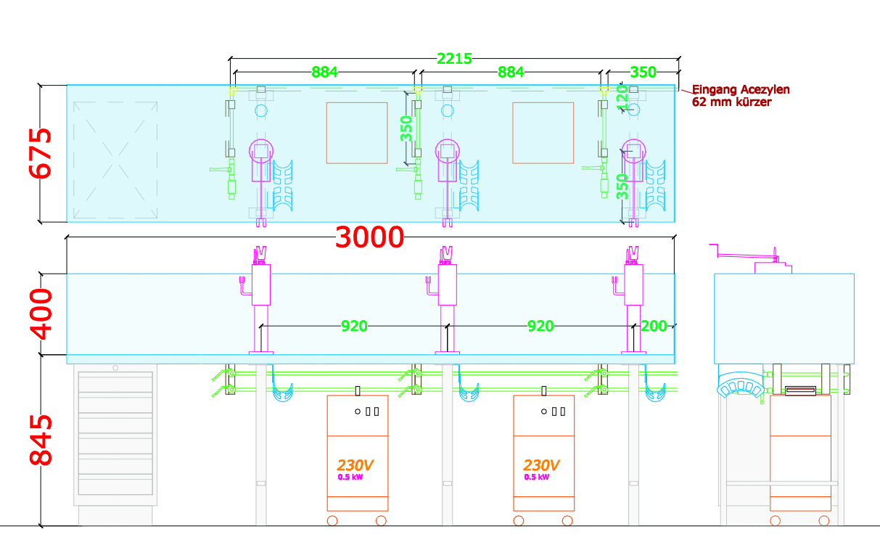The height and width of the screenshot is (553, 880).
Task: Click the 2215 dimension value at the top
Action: (x=454, y=59)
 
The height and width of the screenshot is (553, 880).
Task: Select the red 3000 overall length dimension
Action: (x=370, y=237)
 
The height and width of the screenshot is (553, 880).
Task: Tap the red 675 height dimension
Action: (x=40, y=153)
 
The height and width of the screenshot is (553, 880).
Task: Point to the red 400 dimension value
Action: (x=41, y=314)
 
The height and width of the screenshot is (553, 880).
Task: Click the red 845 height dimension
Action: (x=41, y=441)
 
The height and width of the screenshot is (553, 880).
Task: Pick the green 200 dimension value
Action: (x=654, y=327)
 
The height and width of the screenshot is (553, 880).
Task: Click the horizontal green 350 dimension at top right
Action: (x=643, y=73)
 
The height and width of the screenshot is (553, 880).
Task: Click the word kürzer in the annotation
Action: (x=753, y=102)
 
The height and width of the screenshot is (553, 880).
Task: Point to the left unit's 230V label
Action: (x=355, y=466)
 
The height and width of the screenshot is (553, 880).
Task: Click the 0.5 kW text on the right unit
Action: (x=537, y=477)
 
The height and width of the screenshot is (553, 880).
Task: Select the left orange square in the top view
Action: (x=357, y=133)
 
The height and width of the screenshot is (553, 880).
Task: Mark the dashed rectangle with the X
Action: (x=115, y=160)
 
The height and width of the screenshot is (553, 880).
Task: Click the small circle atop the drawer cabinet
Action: (x=115, y=368)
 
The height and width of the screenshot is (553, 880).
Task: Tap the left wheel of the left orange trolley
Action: (x=332, y=521)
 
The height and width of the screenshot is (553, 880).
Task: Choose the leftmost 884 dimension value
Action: (x=324, y=73)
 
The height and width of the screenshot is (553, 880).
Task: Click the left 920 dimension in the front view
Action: (x=354, y=327)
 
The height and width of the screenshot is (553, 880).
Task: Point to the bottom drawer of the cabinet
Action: (x=115, y=484)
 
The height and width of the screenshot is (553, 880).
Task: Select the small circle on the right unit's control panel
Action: (x=543, y=411)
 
